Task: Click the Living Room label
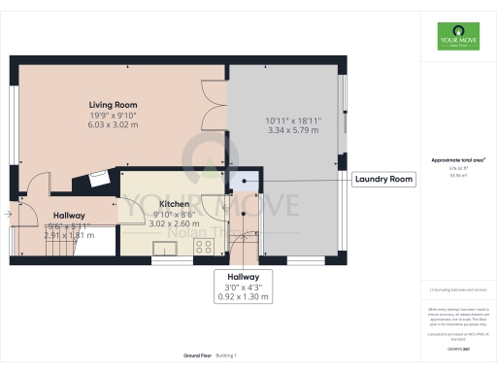tap(113, 104)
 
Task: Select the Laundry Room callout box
tap(384, 179)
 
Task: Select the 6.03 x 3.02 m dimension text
tap(113, 124)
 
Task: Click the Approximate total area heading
tap(456, 159)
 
